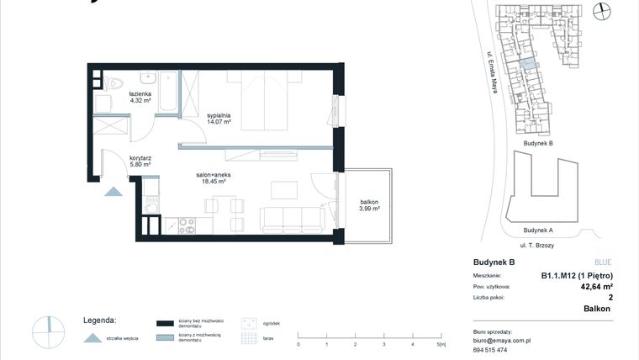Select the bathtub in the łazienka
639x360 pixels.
[x=168, y=92]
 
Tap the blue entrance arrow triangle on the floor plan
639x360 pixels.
[x=113, y=192]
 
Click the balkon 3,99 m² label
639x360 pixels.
[x=370, y=205]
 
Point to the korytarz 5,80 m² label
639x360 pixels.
[x=140, y=161]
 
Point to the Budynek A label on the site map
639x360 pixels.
[x=537, y=230]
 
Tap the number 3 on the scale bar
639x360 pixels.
[x=383, y=345]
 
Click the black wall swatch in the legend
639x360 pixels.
[x=165, y=322]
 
